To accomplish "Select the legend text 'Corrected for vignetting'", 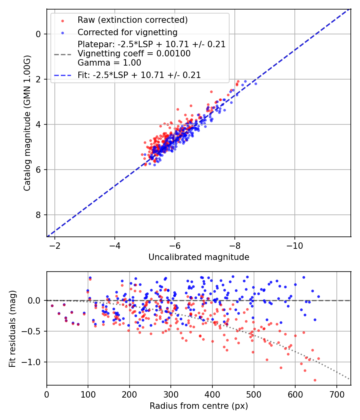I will click(128, 32).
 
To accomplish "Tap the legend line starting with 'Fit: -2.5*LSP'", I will click(139, 75).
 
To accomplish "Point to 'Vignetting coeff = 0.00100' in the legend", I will click(134, 54).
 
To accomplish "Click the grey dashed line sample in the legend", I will click(62, 54).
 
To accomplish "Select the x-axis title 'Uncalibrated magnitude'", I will click(199, 257).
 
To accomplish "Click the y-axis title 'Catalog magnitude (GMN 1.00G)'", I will click(27, 122).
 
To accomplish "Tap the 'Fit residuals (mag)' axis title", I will click(12, 328).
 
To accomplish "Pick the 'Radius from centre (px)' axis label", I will click(199, 406).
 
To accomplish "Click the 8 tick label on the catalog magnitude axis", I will click(38, 215).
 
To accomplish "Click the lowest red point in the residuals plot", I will click(315, 380).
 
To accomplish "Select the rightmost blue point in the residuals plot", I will click(318, 297).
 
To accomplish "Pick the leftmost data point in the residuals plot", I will click(52, 306).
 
